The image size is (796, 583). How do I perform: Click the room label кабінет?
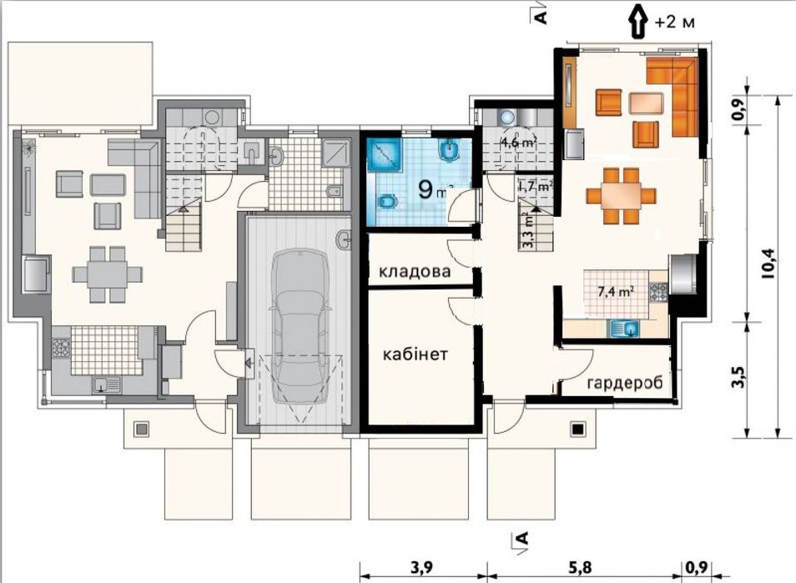coord(416,354)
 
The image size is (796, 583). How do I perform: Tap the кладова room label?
coord(416,271)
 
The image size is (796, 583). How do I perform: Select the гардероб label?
coord(625,383)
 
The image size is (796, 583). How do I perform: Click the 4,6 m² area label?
coord(519,143)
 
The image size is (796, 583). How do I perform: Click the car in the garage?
coord(300,329)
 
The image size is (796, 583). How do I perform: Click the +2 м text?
coord(674,23)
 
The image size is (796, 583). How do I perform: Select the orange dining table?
coord(621,196)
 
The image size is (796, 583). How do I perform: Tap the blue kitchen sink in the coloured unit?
coord(624,329)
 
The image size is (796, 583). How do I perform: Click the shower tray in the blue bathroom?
coord(385,155)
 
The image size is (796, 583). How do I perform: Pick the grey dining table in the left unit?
coord(107,274)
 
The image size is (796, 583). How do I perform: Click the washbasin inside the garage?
coord(344,239)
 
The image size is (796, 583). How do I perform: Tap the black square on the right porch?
coord(577,430)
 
